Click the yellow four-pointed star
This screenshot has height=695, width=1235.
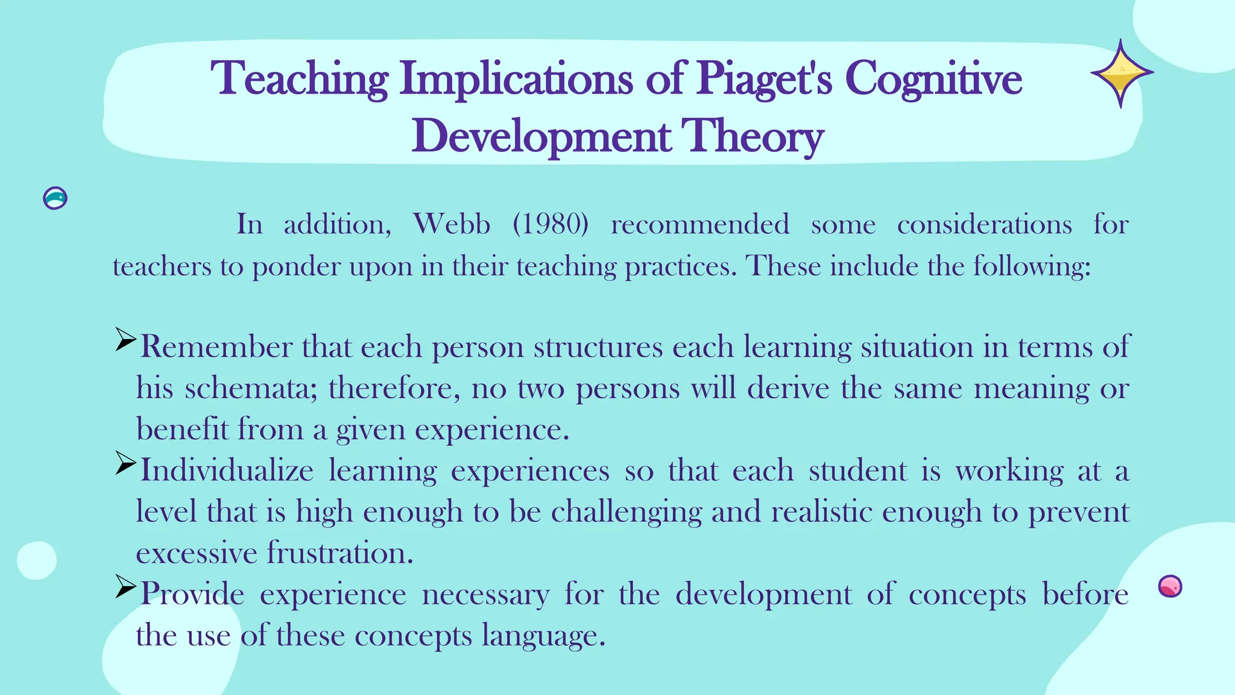click(x=1121, y=74)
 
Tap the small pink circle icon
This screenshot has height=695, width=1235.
click(x=1170, y=586)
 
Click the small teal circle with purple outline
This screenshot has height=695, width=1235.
click(x=55, y=198)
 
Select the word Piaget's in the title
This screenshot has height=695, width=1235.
click(x=764, y=80)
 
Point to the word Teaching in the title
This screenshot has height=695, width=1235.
click(x=299, y=80)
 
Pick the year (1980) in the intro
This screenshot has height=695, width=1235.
click(x=550, y=224)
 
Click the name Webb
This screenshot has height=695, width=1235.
click(x=452, y=224)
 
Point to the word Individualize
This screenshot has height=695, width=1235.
click(x=227, y=471)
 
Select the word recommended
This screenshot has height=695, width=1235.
click(x=700, y=224)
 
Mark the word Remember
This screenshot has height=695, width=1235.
click(x=216, y=347)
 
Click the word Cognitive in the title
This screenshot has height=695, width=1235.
click(x=933, y=80)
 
